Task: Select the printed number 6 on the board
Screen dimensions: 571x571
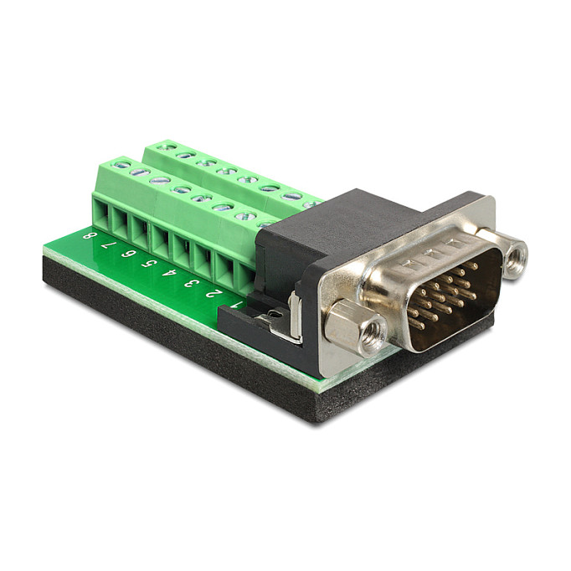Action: (128, 254)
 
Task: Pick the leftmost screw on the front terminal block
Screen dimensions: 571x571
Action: (121, 166)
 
